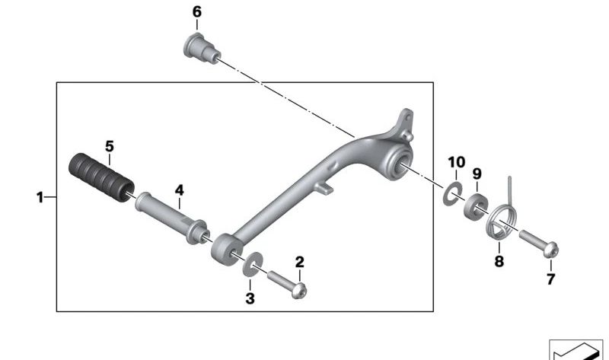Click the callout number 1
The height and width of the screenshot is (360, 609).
pos(40,198)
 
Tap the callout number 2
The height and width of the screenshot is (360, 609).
pos(299,263)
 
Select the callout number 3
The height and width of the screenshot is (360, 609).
pos(250,299)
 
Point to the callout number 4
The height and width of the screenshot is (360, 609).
pos(180,190)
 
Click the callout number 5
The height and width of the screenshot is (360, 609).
pos(109,145)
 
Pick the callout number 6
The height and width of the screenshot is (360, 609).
pos(197,12)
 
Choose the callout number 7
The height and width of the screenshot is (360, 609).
pos(550,279)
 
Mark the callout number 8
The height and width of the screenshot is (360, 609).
pos(499,260)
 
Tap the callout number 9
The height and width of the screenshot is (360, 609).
pos(477,174)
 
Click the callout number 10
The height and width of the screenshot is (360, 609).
pos(456,162)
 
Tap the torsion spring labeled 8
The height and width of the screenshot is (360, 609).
pos(500,221)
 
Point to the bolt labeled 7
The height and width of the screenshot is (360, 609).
pos(540,243)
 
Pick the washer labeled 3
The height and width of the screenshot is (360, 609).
pos(250,267)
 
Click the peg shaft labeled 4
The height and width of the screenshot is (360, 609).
pos(172,216)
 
